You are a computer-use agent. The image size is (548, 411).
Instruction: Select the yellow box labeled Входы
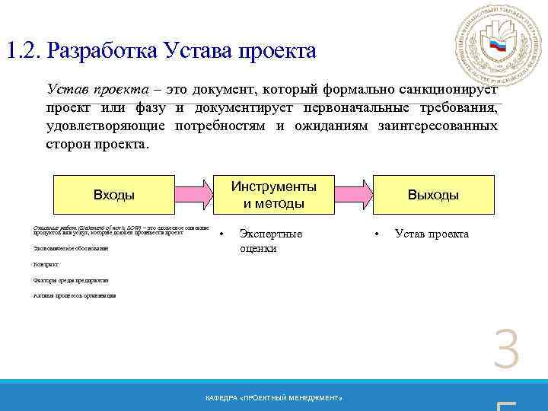tap(113, 194)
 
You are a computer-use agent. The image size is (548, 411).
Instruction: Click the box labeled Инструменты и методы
tap(273, 194)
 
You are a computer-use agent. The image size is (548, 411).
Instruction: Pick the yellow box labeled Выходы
tap(432, 194)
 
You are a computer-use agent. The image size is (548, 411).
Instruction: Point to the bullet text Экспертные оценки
tap(270, 241)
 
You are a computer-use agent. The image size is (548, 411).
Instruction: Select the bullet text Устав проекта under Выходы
tap(432, 234)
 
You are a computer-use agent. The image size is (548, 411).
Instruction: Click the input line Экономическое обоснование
tap(71, 248)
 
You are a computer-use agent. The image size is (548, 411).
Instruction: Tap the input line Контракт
tap(46, 264)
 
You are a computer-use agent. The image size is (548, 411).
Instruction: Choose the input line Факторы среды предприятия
tap(71, 280)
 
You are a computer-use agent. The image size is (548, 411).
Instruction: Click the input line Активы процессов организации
tap(75, 295)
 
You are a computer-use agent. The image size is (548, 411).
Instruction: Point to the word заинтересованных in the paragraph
tap(438, 126)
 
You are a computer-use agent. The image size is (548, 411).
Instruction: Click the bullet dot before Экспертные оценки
tap(221, 234)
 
